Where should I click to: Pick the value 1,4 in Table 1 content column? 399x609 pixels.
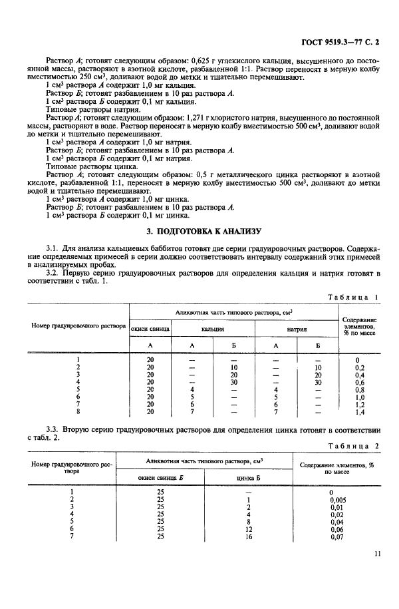360,413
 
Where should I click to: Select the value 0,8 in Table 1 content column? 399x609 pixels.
360,390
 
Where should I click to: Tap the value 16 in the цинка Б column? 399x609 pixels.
247,536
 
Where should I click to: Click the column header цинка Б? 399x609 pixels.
247,477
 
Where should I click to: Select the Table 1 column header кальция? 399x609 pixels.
213,329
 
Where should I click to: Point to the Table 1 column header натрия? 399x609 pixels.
297,329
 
